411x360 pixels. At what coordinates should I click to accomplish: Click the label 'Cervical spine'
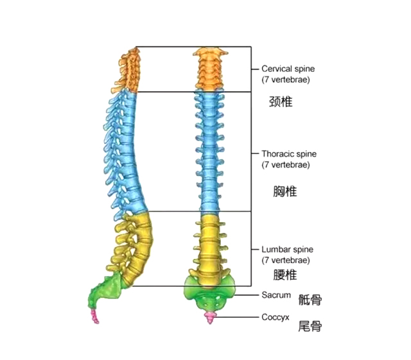[x=288, y=69]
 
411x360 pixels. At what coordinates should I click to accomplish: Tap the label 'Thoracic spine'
[x=288, y=154]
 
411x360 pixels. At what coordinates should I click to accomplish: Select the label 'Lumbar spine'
[x=286, y=249]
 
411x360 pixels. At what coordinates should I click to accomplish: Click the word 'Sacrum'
[x=276, y=296]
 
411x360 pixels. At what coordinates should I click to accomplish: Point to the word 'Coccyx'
[x=276, y=317]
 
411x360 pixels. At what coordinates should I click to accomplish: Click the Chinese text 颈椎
[x=281, y=101]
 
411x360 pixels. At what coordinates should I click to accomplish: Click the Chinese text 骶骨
[x=310, y=298]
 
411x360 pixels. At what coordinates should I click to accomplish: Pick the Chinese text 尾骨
[x=310, y=327]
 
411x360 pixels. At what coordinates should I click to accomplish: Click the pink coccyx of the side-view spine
[x=96, y=314]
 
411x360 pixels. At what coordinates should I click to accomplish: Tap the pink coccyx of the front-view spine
[x=209, y=318]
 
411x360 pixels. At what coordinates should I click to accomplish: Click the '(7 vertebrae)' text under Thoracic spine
[x=286, y=165]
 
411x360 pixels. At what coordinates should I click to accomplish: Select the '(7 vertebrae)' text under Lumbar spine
[x=286, y=260]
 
